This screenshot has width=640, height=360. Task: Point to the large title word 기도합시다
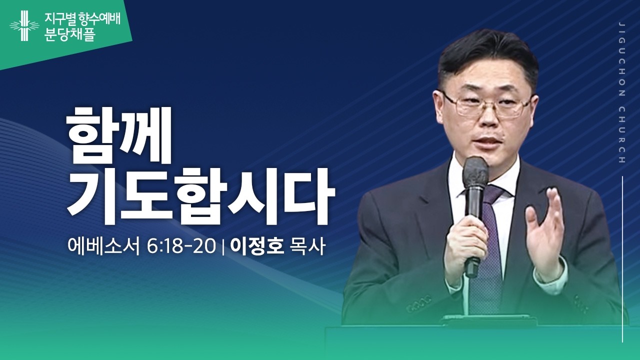pyautogui.click(x=200, y=197)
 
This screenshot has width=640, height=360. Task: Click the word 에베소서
pyautogui.click(x=104, y=246)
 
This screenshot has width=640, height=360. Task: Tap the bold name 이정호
pyautogui.click(x=257, y=246)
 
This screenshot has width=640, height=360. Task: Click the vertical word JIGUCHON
pyautogui.click(x=621, y=60)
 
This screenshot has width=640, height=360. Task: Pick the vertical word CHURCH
pyautogui.click(x=621, y=135)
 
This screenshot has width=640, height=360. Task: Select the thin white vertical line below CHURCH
pyautogui.click(x=622, y=260)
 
